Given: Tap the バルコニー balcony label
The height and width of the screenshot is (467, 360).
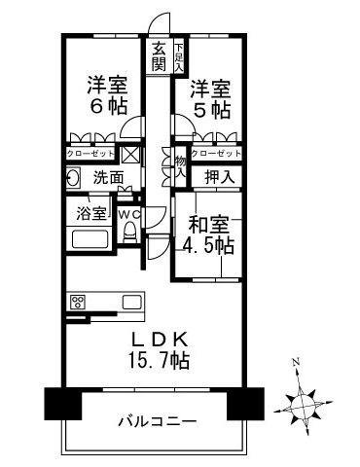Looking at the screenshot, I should (157, 423).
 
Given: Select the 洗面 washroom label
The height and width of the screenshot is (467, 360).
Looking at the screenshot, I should (107, 178).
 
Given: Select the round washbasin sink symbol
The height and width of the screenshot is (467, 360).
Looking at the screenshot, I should (74, 177).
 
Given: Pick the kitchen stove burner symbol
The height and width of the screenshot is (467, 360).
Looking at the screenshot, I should (77, 301).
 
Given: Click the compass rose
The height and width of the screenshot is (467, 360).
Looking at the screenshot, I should (304, 400).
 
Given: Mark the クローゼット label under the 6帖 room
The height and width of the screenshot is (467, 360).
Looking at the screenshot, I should (90, 153).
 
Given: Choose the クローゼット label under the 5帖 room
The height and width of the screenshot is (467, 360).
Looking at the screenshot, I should (214, 153).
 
